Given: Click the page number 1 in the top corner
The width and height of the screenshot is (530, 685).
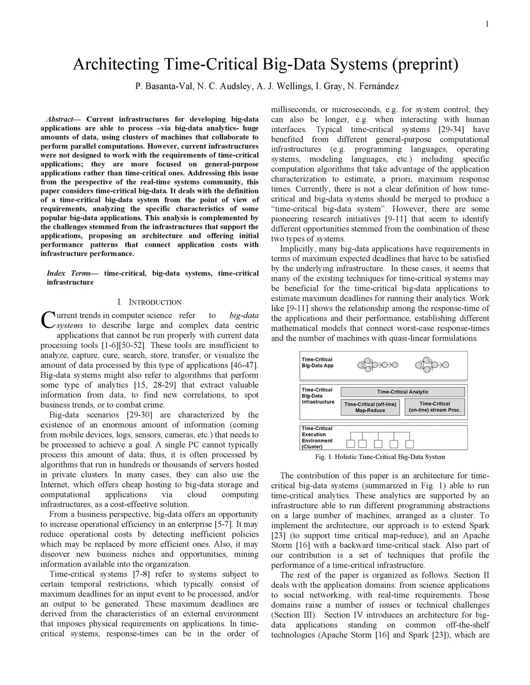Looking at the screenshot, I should (x=488, y=23).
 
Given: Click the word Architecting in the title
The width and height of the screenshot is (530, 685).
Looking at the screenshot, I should (x=116, y=65).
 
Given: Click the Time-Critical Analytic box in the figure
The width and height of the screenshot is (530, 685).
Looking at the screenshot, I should (x=403, y=392).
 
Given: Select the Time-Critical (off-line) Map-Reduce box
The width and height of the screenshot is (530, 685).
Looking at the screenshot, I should (x=370, y=407).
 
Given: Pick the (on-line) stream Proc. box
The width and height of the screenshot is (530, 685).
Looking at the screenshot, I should (x=434, y=407).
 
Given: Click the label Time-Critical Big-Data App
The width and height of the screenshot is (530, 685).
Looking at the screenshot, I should (x=318, y=362).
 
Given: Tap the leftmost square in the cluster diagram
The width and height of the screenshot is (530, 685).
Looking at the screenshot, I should (x=351, y=444).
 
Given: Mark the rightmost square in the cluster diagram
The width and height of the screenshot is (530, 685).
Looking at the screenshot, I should (x=409, y=444).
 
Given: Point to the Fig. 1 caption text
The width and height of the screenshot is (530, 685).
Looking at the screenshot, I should (x=380, y=457).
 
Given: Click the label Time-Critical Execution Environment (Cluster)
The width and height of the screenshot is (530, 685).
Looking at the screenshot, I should (x=318, y=437).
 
